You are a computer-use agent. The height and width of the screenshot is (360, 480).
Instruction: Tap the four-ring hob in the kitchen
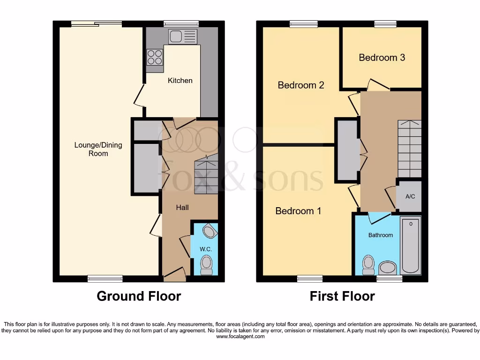pyautogui.click(x=155, y=57)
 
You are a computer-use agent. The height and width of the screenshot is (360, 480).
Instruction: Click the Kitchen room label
pyautogui.click(x=180, y=81)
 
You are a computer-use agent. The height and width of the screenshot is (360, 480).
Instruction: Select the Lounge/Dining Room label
pyautogui.click(x=98, y=149)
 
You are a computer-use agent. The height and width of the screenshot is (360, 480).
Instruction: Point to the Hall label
pyautogui.click(x=182, y=207)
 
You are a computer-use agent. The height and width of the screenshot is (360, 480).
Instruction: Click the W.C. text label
pyautogui.click(x=206, y=249)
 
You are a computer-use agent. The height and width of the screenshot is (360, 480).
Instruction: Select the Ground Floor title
pyautogui.click(x=139, y=296)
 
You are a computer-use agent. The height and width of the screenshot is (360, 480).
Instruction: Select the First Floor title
pyautogui.click(x=342, y=296)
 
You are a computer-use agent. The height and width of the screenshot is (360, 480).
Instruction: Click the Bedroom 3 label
pyautogui.click(x=382, y=58)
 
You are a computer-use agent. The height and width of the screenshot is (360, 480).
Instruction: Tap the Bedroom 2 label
pyautogui.click(x=301, y=85)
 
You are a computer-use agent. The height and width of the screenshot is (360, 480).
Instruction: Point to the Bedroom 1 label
pyautogui.click(x=298, y=211)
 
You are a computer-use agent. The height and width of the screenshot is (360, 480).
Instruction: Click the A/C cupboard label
pyautogui.click(x=410, y=196)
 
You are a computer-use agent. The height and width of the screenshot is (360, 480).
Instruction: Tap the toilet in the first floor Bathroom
pyautogui.click(x=368, y=265)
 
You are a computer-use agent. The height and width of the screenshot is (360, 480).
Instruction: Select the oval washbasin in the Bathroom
pyautogui.click(x=387, y=268)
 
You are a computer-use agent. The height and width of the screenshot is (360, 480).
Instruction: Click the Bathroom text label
pyautogui.click(x=380, y=235)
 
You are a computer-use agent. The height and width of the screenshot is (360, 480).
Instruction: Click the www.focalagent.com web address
pyautogui.click(x=240, y=337)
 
